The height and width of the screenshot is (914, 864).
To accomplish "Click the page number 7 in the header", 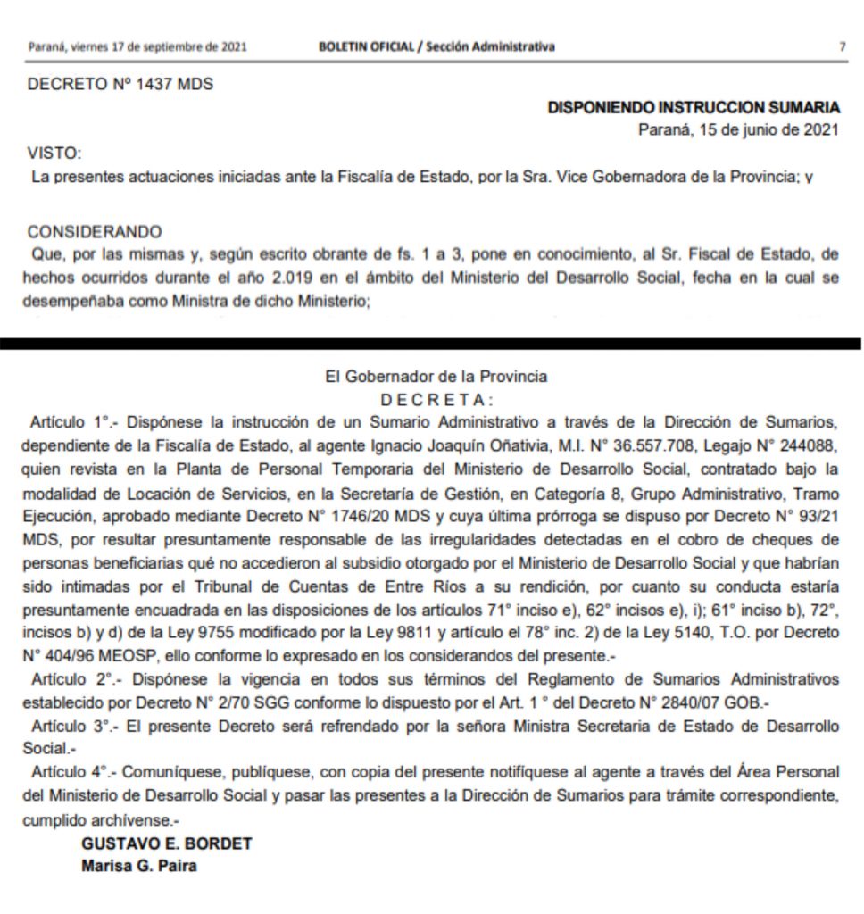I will (843, 46).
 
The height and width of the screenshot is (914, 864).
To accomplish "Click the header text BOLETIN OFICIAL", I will (366, 46).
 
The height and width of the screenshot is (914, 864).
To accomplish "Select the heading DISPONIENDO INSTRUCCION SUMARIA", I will (694, 108).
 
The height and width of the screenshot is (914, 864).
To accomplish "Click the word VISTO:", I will (54, 154).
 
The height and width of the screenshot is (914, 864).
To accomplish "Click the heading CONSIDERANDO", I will (95, 232).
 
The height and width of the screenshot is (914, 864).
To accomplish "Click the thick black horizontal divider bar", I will (432, 343).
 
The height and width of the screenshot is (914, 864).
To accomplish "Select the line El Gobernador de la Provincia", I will (436, 377).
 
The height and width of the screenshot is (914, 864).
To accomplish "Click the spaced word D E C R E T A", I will (435, 398).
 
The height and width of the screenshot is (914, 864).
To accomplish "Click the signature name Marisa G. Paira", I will (138, 866).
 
